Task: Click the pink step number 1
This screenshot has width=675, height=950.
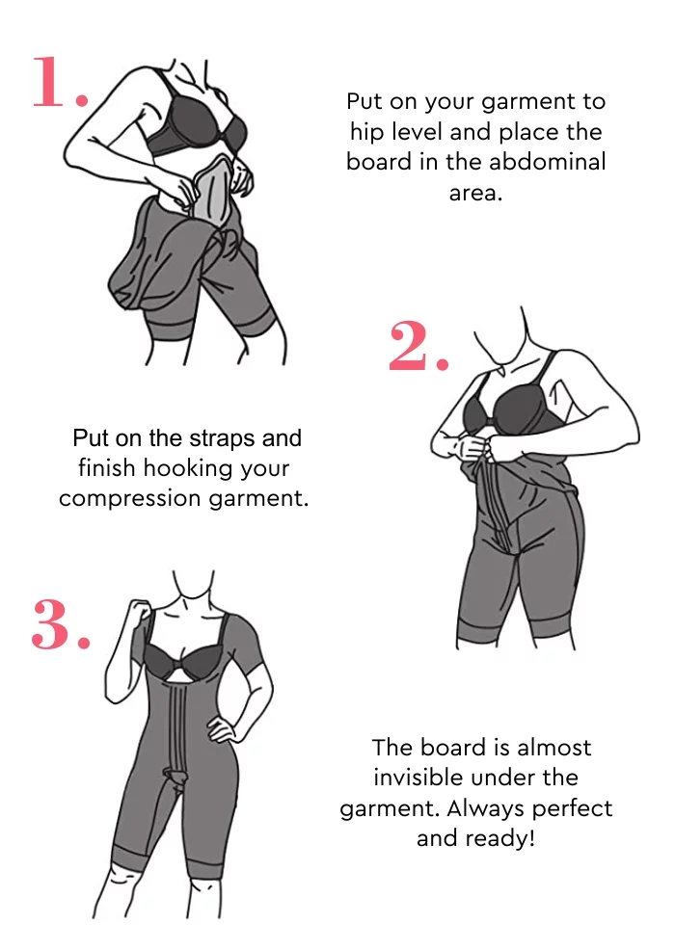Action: click(x=60, y=82)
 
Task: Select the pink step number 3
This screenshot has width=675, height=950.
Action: click(x=61, y=624)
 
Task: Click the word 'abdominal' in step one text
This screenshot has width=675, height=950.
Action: click(x=547, y=162)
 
